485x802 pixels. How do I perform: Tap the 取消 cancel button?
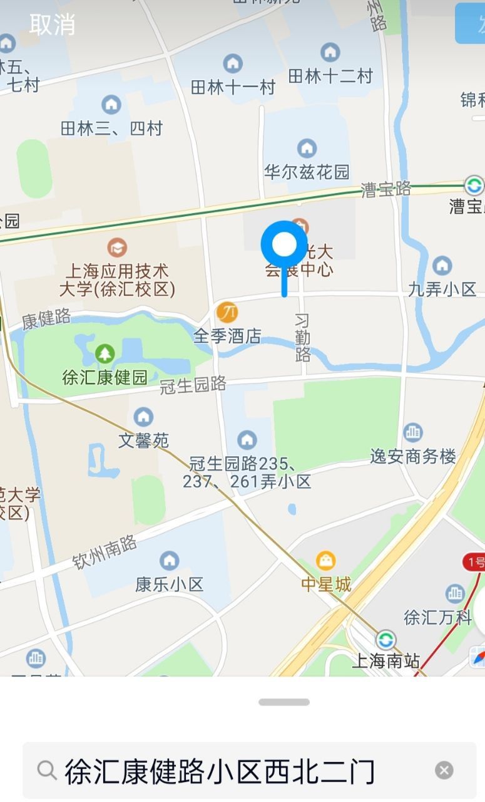tap(52, 24)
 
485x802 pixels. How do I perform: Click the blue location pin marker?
tap(284, 245)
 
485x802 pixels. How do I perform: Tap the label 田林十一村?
tap(233, 87)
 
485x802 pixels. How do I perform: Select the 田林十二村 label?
tap(330, 76)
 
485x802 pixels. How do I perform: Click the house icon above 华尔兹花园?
tap(307, 148)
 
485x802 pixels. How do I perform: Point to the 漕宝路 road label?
tap(386, 189)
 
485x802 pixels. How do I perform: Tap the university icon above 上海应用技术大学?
tap(117, 247)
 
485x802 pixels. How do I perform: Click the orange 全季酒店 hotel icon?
tap(227, 311)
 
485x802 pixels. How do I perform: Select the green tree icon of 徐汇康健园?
tap(105, 354)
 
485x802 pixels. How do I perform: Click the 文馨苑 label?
tap(143, 440)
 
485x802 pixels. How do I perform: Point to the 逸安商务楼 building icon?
tap(413, 432)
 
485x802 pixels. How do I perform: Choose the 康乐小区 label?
tap(170, 585)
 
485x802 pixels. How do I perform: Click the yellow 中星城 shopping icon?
tap(326, 560)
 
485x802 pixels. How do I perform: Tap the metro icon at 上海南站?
tap(385, 640)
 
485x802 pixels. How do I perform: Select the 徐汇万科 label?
tap(437, 617)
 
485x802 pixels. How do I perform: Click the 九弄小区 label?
tap(442, 289)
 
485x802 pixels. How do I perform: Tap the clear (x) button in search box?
tap(444, 770)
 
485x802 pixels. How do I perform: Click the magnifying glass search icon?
tap(47, 770)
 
